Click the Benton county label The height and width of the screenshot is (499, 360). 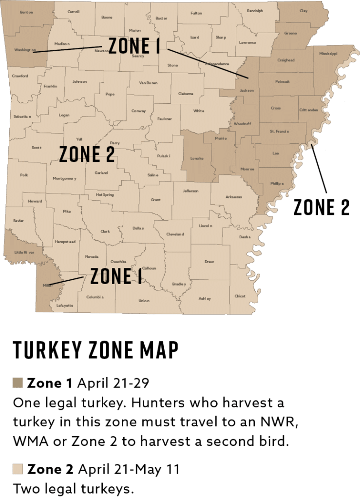tap(27, 12)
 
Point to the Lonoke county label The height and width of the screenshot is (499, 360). tap(197, 158)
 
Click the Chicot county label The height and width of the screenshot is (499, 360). tap(240, 296)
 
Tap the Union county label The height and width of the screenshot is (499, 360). tap(143, 301)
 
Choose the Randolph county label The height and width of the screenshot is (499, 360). tap(255, 11)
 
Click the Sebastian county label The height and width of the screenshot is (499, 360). tap(22, 116)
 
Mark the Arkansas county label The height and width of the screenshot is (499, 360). tap(233, 197)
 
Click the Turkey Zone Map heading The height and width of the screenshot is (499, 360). tap(95, 350)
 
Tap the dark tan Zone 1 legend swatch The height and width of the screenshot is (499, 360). tap(18, 383)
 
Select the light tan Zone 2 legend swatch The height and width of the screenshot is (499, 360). tap(18, 470)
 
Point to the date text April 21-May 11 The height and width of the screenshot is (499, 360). tap(129, 470)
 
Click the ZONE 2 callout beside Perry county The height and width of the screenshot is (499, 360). tap(87, 154)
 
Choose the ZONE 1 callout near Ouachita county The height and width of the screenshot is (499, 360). tap(116, 277)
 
